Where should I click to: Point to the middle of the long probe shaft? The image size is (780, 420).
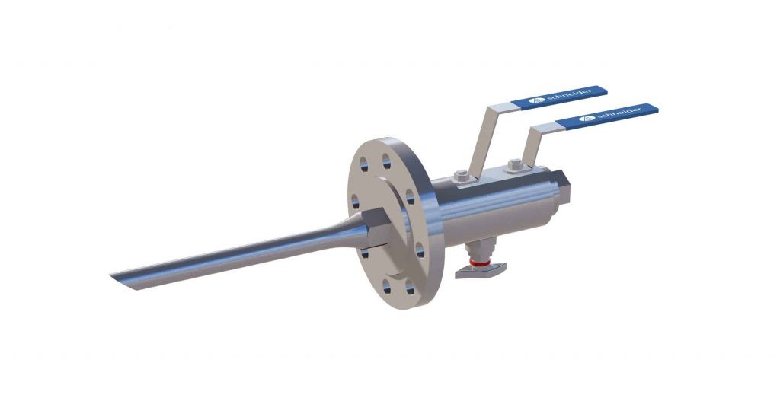tap(229, 255)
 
